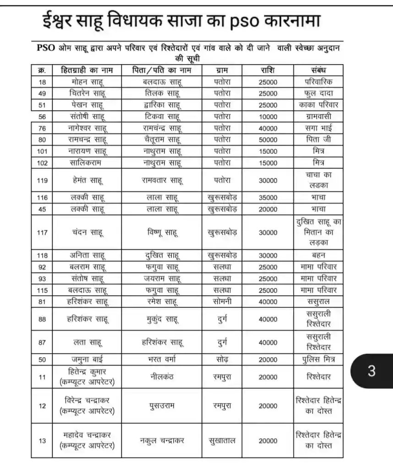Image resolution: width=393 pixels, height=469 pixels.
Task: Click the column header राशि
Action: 268,71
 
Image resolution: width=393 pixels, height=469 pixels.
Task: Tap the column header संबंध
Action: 318,71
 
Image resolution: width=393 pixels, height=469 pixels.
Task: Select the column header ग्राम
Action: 222,71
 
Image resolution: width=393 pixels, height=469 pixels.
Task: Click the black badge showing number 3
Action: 371,371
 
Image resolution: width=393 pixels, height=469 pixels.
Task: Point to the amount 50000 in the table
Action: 268,140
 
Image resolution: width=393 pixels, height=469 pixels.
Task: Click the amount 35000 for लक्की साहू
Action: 268,198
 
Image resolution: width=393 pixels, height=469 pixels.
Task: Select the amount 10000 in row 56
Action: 268,116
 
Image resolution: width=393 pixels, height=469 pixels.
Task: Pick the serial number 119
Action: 43,180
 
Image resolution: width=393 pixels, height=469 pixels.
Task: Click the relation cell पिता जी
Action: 318,139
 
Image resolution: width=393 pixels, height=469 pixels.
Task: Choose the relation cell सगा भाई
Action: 318,128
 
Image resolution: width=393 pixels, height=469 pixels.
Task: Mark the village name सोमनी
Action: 222,302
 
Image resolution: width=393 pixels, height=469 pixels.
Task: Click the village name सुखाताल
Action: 222,441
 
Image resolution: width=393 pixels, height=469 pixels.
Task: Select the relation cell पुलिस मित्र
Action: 318,360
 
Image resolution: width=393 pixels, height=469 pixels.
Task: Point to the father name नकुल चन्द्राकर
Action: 162,441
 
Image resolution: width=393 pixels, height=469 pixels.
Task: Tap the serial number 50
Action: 43,360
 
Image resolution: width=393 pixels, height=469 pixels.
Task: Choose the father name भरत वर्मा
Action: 162,360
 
